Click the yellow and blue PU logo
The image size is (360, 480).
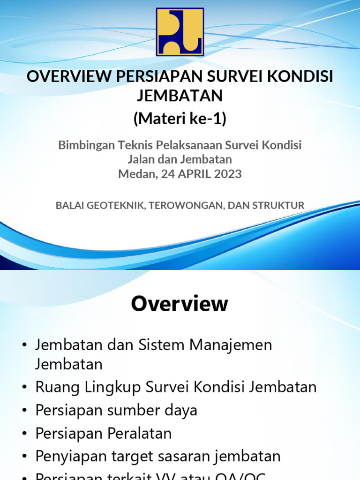coord(180,31)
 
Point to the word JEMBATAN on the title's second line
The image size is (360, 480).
coord(180,96)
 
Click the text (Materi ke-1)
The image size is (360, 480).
coord(180,119)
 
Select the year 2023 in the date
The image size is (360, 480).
coord(226,174)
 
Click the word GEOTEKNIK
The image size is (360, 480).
coord(116,205)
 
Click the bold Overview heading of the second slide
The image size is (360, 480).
coord(180,304)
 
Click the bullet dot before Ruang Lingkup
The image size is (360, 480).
coord(24,388)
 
